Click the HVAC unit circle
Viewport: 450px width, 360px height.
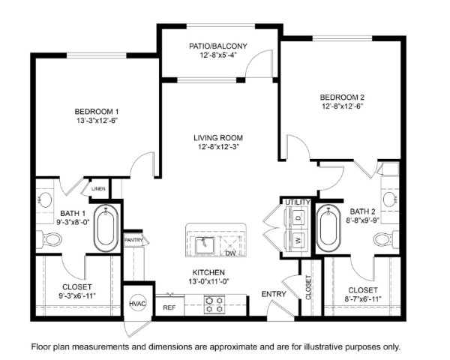click(x=138, y=304)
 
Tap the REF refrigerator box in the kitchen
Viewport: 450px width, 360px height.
click(x=169, y=307)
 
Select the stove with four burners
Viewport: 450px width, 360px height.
click(x=214, y=304)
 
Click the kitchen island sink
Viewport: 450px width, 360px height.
click(x=205, y=245)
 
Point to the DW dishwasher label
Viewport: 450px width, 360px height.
click(x=230, y=253)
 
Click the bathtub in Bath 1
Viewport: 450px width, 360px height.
click(x=106, y=228)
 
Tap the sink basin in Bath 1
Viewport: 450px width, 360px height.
click(x=45, y=199)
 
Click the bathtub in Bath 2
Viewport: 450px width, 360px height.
click(x=328, y=228)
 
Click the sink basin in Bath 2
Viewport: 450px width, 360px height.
click(x=390, y=199)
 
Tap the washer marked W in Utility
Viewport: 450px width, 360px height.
click(x=298, y=239)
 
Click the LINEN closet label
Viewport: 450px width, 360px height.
click(x=98, y=189)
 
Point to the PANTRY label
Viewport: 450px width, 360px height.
click(x=133, y=240)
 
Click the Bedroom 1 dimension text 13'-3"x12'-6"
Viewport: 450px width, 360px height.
click(x=97, y=121)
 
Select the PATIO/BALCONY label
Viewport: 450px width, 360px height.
click(x=218, y=46)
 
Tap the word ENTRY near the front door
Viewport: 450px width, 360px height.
click(x=274, y=294)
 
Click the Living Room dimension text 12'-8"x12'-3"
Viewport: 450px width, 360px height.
click(x=218, y=147)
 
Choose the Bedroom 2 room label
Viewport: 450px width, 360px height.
click(x=343, y=97)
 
